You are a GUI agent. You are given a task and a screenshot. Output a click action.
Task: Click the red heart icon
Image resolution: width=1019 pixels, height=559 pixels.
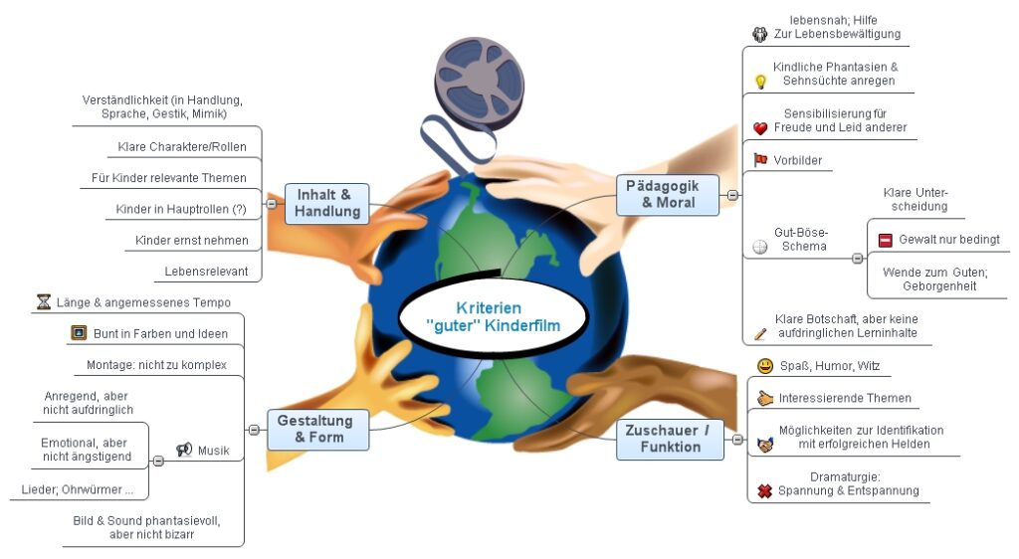coord(760,128)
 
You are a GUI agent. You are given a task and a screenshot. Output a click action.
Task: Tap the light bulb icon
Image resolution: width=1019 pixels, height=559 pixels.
coord(760,82)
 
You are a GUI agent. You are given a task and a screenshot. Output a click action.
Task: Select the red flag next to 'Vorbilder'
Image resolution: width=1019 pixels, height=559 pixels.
coord(760,159)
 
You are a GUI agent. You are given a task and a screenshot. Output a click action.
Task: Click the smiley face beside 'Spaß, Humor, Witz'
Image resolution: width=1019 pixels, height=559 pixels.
coord(764,366)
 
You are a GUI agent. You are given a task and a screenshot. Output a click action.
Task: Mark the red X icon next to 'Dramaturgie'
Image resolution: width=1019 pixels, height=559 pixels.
coord(764,490)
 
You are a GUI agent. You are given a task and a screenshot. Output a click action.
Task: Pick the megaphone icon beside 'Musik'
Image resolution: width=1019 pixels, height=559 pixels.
coord(184,451)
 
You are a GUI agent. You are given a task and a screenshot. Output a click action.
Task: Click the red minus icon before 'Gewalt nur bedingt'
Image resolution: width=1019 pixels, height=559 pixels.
coord(885,240)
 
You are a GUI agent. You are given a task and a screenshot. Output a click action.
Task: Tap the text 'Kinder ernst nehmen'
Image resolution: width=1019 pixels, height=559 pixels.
coord(192,240)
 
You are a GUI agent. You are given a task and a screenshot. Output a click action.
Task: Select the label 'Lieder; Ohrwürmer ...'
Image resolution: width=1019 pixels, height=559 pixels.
coord(78,489)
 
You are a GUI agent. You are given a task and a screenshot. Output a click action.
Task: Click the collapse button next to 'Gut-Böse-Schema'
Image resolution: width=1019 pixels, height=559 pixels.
coord(857,258)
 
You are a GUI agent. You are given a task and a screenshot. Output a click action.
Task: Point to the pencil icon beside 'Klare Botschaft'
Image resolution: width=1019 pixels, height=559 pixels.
coord(760,333)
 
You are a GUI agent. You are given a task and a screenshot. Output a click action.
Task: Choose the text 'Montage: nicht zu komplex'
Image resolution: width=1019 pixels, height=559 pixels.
coord(156,364)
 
